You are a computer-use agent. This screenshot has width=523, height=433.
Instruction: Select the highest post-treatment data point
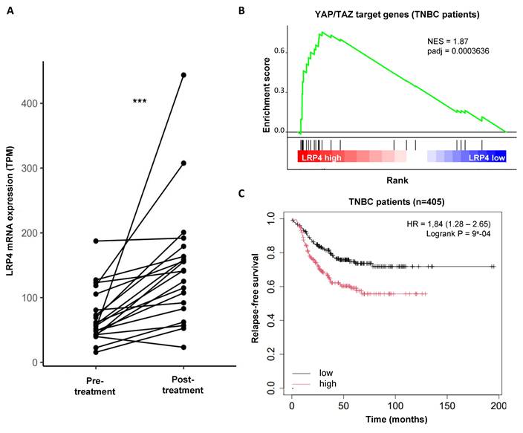click(x=183, y=75)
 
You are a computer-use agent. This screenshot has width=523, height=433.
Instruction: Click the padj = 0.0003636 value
click(x=451, y=52)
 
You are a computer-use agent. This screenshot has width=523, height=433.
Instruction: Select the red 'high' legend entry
click(x=327, y=382)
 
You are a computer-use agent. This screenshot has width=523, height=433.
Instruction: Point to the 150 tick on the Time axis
click(x=446, y=407)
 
